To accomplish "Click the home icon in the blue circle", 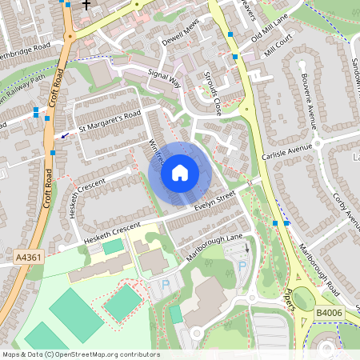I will coord(180,172).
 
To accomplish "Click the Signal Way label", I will coord(165,77).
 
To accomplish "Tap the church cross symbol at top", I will coord(86,3).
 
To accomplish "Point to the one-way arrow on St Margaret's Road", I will coord(63,134).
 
